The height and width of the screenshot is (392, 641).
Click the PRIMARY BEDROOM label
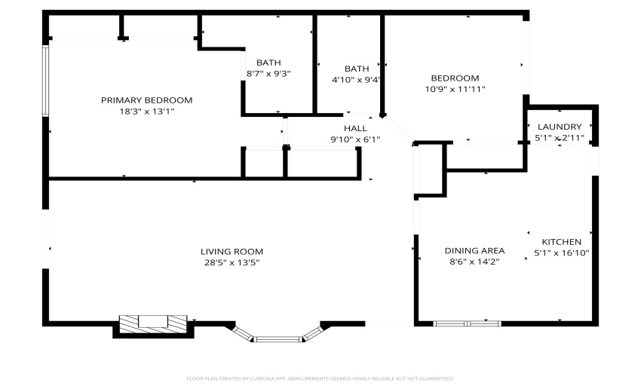[x=146, y=100]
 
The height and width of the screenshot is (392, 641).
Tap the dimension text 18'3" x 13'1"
[x=146, y=112]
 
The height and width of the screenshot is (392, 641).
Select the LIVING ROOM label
[x=232, y=251]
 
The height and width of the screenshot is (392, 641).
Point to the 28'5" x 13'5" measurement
[x=232, y=262]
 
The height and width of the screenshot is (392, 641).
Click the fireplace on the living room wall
[x=153, y=323]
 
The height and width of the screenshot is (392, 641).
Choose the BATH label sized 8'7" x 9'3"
[x=268, y=63]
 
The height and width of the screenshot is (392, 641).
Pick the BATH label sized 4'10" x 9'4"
[x=356, y=68]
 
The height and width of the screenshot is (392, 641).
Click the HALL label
[x=355, y=128]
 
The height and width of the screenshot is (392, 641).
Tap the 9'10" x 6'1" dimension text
[x=355, y=139]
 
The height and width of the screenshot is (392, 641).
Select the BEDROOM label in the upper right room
[x=455, y=78]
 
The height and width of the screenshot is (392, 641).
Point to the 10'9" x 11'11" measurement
[x=455, y=89]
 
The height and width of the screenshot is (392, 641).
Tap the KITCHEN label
[x=561, y=241]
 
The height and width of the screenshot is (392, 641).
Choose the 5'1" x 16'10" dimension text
[x=561, y=253]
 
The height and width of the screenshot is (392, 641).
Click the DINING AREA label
[x=474, y=250]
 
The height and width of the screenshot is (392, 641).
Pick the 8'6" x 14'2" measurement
[x=474, y=262]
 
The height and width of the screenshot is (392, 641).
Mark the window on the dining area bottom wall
[x=468, y=323]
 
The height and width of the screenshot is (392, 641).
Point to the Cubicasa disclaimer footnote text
[x=320, y=378]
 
